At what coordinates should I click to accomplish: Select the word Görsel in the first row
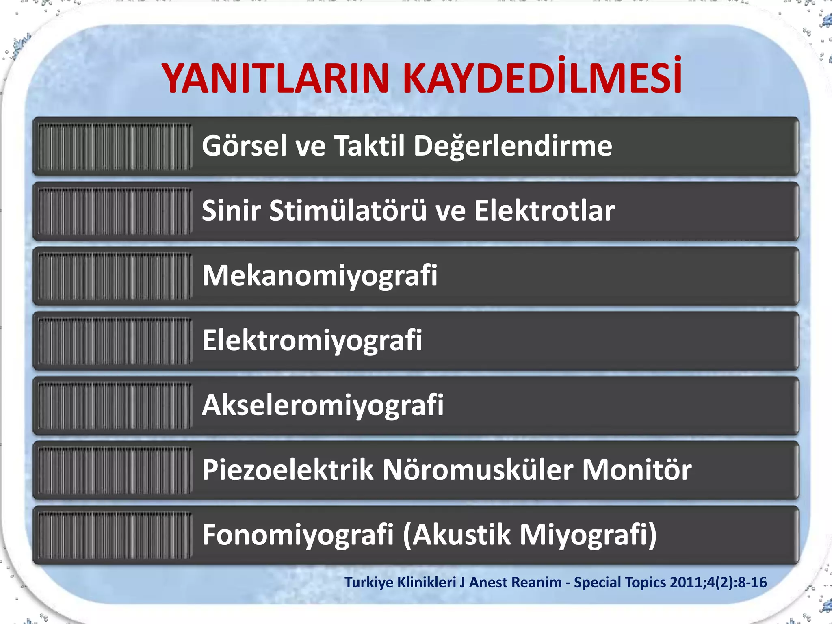244,146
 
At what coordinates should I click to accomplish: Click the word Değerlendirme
513,147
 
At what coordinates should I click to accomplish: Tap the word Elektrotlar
544,211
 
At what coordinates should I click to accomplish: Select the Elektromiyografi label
312,341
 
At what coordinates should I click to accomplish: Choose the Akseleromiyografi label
323,405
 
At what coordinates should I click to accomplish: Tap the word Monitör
637,470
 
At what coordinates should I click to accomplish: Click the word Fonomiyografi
298,535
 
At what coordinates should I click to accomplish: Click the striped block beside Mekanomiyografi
115,276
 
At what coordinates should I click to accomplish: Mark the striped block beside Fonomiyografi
115,535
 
